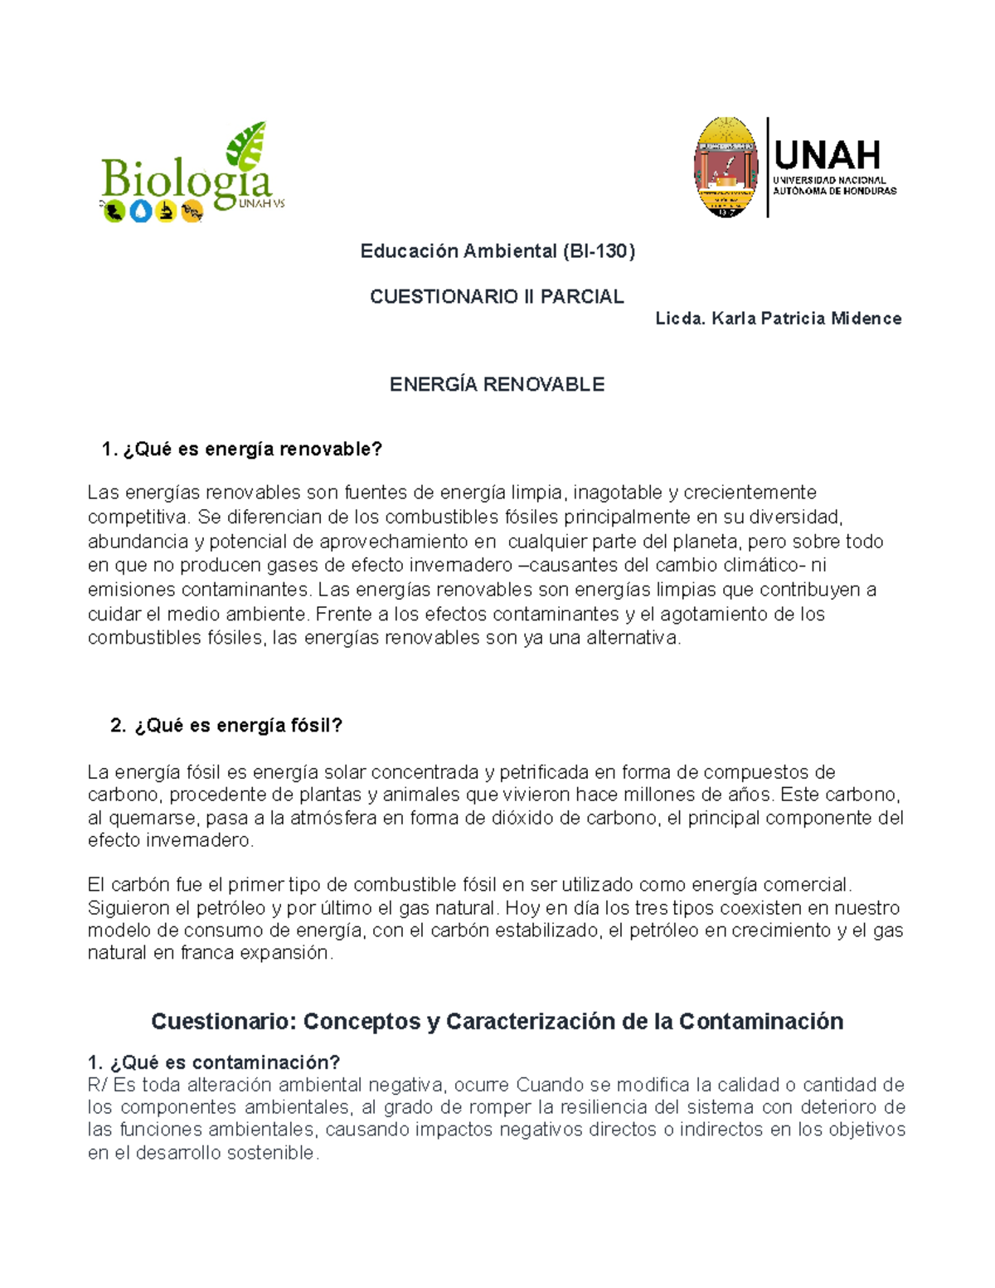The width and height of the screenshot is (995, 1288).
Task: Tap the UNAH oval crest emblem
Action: [726, 168]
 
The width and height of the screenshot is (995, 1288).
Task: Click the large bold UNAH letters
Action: [827, 155]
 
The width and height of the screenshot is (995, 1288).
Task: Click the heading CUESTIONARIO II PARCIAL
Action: [497, 297]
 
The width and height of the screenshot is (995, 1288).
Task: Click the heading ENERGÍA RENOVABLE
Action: [497, 385]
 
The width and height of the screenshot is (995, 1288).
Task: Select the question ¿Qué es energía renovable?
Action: [252, 450]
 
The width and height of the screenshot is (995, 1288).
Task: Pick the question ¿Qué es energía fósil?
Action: [238, 726]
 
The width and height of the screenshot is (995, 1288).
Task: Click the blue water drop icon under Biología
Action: [140, 212]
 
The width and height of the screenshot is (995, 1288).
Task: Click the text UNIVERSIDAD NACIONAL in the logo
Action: [829, 180]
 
